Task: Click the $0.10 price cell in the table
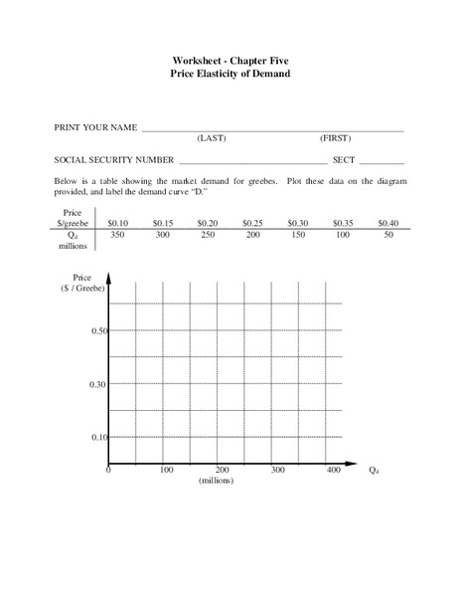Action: click(x=118, y=223)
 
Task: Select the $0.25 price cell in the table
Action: click(x=253, y=223)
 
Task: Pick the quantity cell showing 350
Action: click(x=118, y=236)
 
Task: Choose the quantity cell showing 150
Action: click(x=298, y=236)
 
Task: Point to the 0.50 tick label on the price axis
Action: click(x=97, y=330)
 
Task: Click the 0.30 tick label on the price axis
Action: click(x=97, y=384)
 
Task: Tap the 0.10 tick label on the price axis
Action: click(x=97, y=438)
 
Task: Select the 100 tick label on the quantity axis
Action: click(x=166, y=470)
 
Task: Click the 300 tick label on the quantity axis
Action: click(x=278, y=470)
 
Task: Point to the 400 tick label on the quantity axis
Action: click(x=334, y=470)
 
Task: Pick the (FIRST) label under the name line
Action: click(x=335, y=138)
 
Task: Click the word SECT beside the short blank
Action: click(x=345, y=159)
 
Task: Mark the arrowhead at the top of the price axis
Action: click(x=109, y=277)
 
